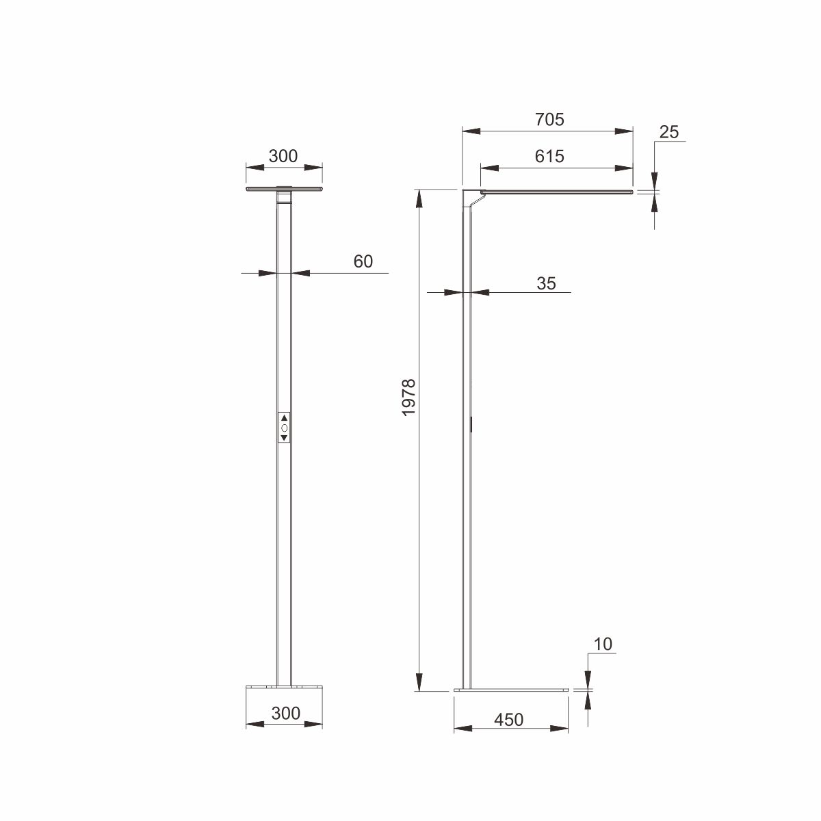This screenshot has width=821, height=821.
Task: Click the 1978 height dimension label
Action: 408,397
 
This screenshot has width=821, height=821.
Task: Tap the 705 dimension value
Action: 549,120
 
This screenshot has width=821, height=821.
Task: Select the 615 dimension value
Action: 549,157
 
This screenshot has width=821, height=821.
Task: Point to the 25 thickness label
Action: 668,132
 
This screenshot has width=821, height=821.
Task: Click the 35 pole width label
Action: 546,283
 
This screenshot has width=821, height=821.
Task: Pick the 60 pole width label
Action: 363,261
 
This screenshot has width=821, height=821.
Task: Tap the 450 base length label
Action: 509,720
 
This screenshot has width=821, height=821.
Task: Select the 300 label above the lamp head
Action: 283,156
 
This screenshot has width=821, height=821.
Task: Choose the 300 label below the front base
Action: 285,713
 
